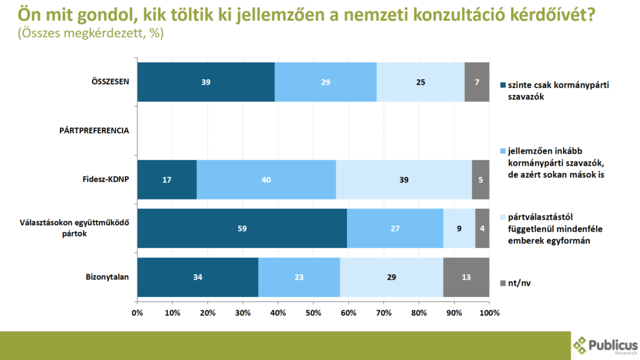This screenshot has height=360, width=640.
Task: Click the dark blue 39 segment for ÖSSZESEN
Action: click(206, 82)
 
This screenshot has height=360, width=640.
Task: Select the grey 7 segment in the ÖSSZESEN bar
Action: click(477, 82)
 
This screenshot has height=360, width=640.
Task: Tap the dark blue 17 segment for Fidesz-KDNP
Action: click(167, 179)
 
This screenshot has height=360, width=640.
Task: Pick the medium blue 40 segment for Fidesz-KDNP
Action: click(266, 179)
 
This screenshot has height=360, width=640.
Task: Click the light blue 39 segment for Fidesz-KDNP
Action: click(404, 179)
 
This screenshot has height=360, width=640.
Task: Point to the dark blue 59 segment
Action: click(242, 228)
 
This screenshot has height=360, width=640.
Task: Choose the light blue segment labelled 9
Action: click(459, 228)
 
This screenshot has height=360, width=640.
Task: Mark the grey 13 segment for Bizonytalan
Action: click(466, 277)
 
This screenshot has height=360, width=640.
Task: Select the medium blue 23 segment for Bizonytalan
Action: click(299, 277)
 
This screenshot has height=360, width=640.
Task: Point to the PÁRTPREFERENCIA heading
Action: click(94, 131)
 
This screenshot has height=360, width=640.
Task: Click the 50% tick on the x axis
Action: click(313, 312)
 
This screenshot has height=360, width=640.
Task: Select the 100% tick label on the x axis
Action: click(489, 312)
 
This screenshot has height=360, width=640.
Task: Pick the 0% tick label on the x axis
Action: click(137, 312)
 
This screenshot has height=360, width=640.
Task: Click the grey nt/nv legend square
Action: click(501, 284)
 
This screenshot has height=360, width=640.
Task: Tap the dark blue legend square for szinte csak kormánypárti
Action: click(501, 85)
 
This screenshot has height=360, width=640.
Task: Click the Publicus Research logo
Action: click(605, 345)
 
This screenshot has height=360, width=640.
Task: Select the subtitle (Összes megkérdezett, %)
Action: click(91, 34)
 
